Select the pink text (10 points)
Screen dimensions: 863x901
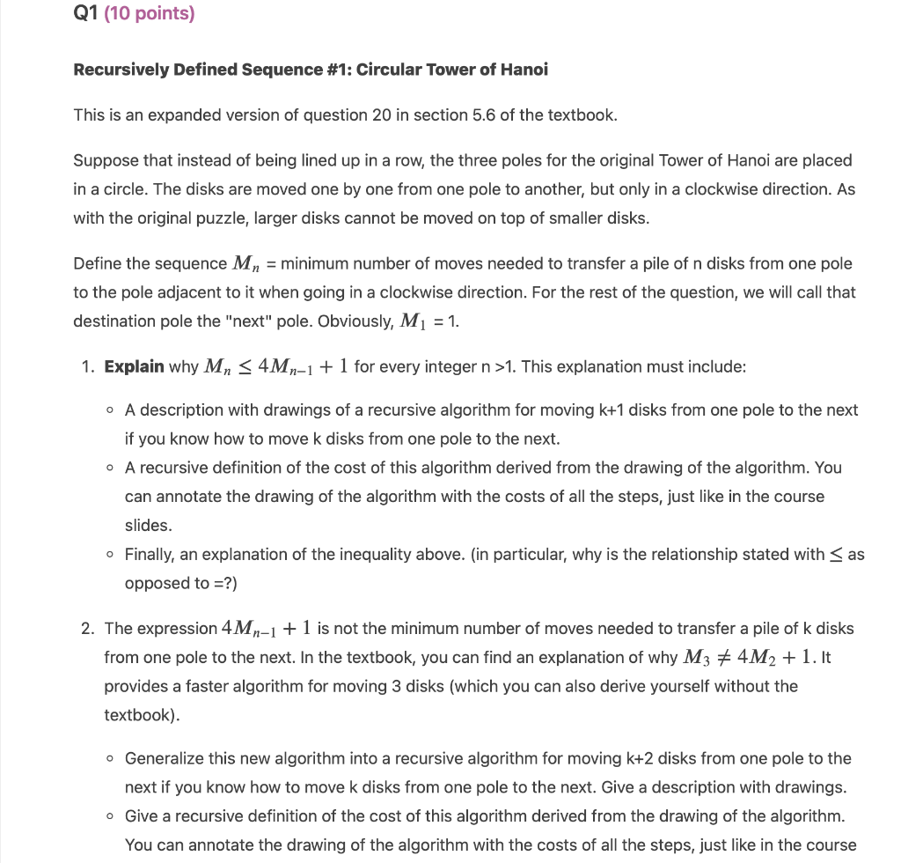[x=150, y=14]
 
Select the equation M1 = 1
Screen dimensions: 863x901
[x=429, y=321]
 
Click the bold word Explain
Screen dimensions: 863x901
[x=134, y=366]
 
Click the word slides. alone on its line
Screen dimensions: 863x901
[x=148, y=525]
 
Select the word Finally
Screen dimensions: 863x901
[x=151, y=554]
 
